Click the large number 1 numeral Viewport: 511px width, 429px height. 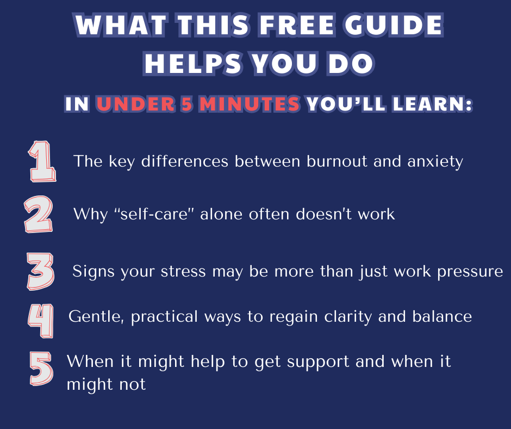[42, 161]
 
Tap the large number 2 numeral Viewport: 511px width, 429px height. [38, 214]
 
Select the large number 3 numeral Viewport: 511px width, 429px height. [40, 271]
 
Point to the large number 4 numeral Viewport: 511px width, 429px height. [41, 321]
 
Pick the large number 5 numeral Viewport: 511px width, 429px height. [41, 368]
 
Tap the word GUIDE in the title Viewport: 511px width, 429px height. [394, 25]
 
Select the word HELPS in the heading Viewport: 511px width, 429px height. [193, 63]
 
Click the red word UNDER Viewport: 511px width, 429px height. [135, 104]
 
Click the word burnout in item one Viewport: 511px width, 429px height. [336, 161]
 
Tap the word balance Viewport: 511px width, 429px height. [442, 316]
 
